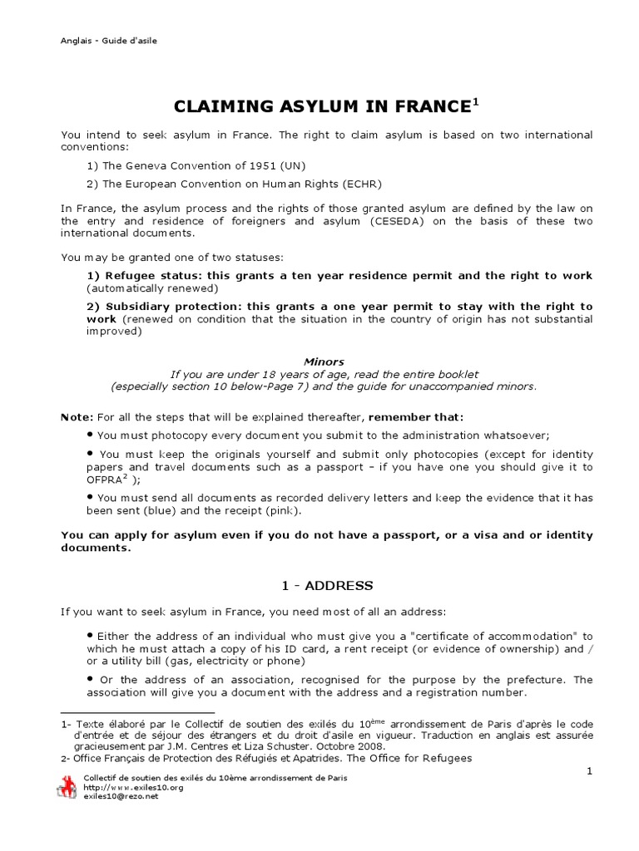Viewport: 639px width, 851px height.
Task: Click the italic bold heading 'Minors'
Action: click(324, 362)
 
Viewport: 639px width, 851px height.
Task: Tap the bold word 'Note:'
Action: click(77, 416)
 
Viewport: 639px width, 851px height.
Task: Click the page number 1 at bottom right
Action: click(588, 771)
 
